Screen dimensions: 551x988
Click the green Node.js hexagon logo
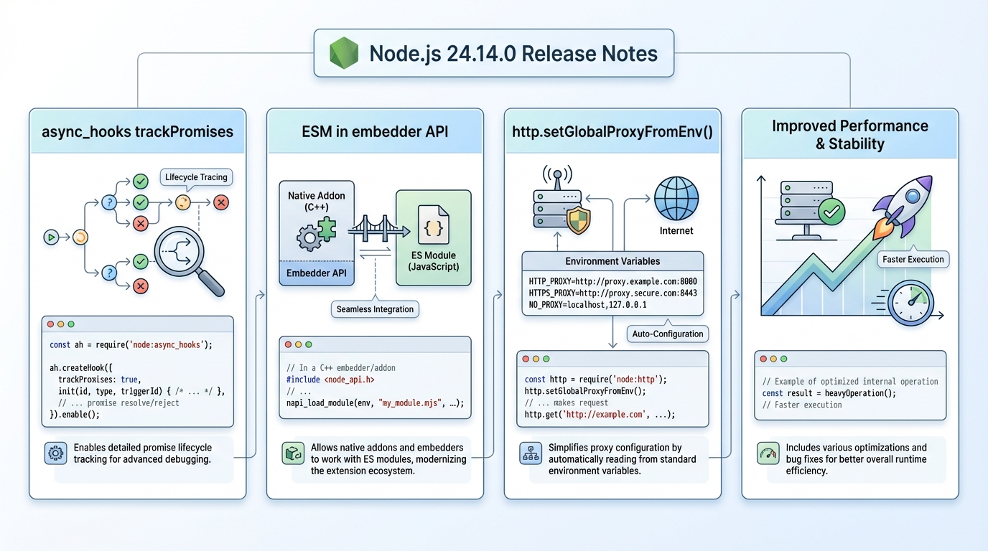coord(343,53)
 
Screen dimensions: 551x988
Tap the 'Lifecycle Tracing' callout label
coord(196,177)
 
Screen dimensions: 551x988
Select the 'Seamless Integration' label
coord(375,309)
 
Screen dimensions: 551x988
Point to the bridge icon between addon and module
coord(376,229)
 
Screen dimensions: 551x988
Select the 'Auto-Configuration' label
coord(668,334)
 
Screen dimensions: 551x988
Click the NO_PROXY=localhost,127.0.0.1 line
coord(587,304)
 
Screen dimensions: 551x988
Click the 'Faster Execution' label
coord(913,259)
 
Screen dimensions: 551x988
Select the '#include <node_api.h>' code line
coord(330,380)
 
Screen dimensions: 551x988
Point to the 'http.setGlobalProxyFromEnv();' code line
coord(585,391)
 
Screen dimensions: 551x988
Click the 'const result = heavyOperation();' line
coord(829,393)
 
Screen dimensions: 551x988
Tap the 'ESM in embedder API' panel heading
coord(375,131)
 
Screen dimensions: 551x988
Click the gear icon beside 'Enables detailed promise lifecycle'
coord(55,453)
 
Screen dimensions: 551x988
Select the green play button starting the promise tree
coord(50,237)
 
